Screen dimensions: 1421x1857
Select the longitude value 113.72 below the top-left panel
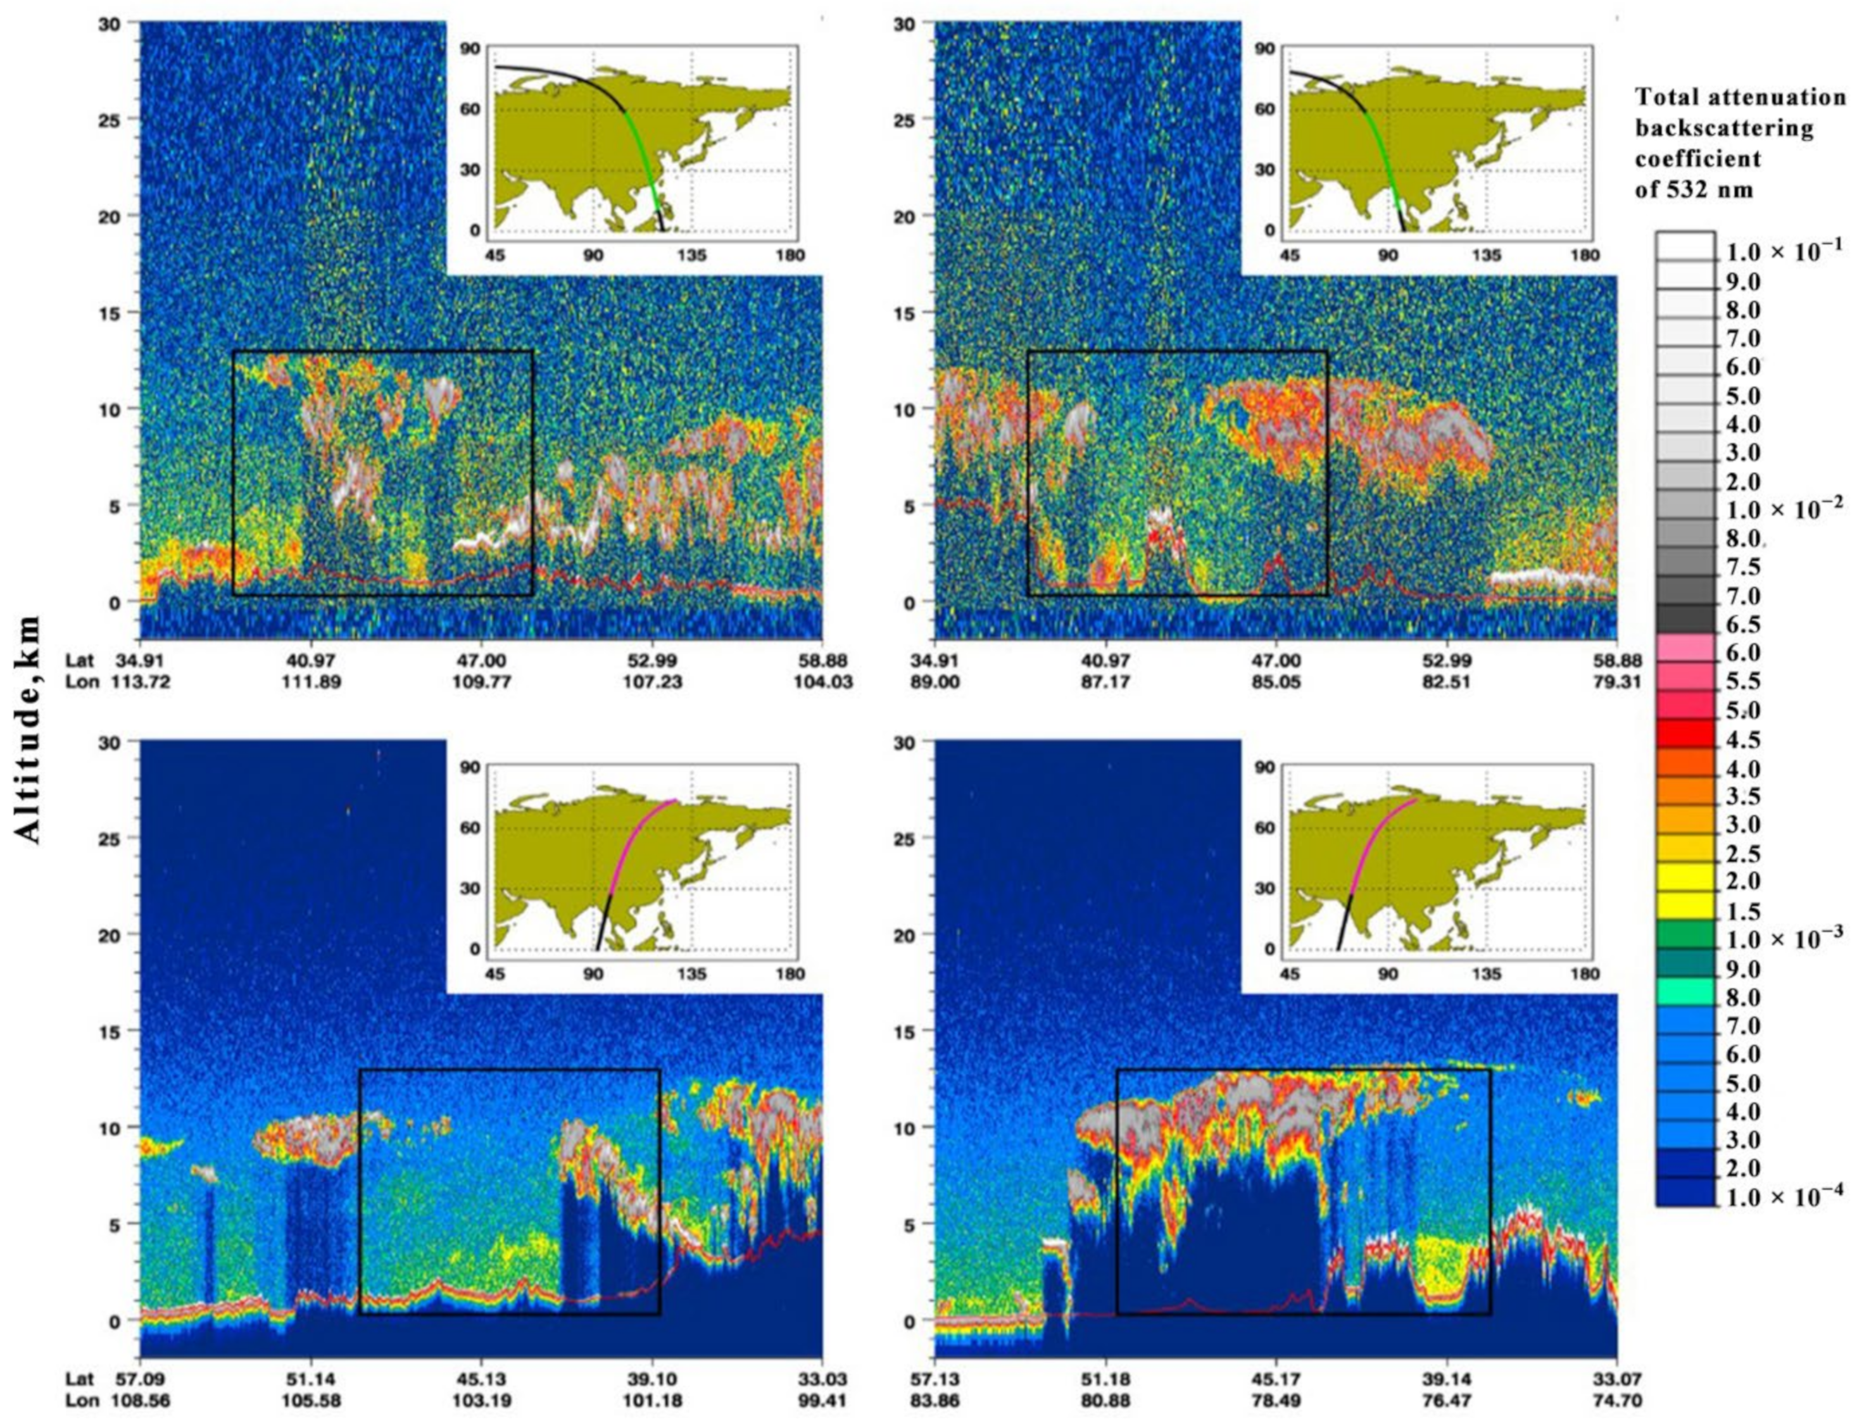[141, 682]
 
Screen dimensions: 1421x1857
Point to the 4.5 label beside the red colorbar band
[1743, 740]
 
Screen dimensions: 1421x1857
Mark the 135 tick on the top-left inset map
[692, 254]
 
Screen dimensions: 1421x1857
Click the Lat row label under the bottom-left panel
[82, 1379]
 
